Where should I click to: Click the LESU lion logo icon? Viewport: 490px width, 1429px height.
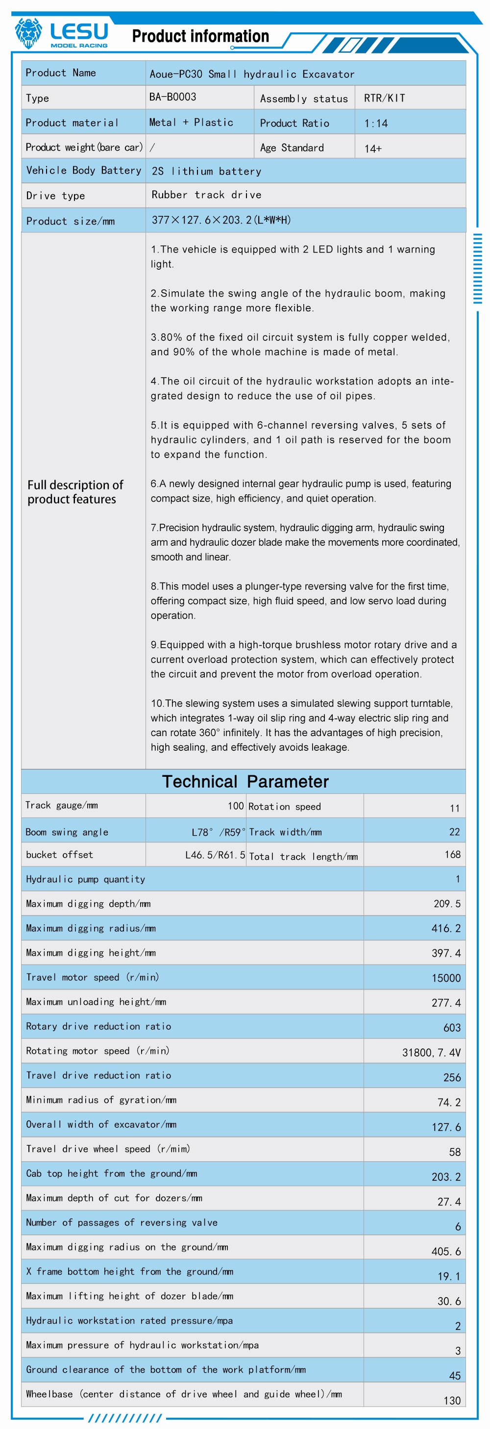pos(28,33)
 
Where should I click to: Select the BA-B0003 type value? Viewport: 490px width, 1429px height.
pos(172,97)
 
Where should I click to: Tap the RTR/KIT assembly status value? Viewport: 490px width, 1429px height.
pos(384,98)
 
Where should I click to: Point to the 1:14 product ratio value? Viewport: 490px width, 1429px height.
pos(376,123)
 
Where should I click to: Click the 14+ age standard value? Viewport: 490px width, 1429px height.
pos(373,148)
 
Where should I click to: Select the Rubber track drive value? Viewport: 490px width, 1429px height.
pos(206,195)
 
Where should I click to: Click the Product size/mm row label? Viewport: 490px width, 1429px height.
pos(71,221)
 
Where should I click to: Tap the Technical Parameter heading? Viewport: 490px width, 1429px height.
pos(245,781)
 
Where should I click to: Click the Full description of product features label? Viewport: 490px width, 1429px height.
pos(75,491)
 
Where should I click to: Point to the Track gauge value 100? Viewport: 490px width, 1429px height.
pos(236,806)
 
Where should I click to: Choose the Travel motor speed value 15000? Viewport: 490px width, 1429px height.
pos(446,978)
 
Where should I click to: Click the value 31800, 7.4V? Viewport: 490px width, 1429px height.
pos(431,1052)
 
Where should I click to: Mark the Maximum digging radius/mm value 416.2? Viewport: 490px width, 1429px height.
pos(446,928)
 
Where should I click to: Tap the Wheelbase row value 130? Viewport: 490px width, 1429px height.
pos(452,1400)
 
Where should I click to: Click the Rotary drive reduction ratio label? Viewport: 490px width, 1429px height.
pos(98,1026)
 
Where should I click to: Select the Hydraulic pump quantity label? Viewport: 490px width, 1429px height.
pos(85,879)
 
